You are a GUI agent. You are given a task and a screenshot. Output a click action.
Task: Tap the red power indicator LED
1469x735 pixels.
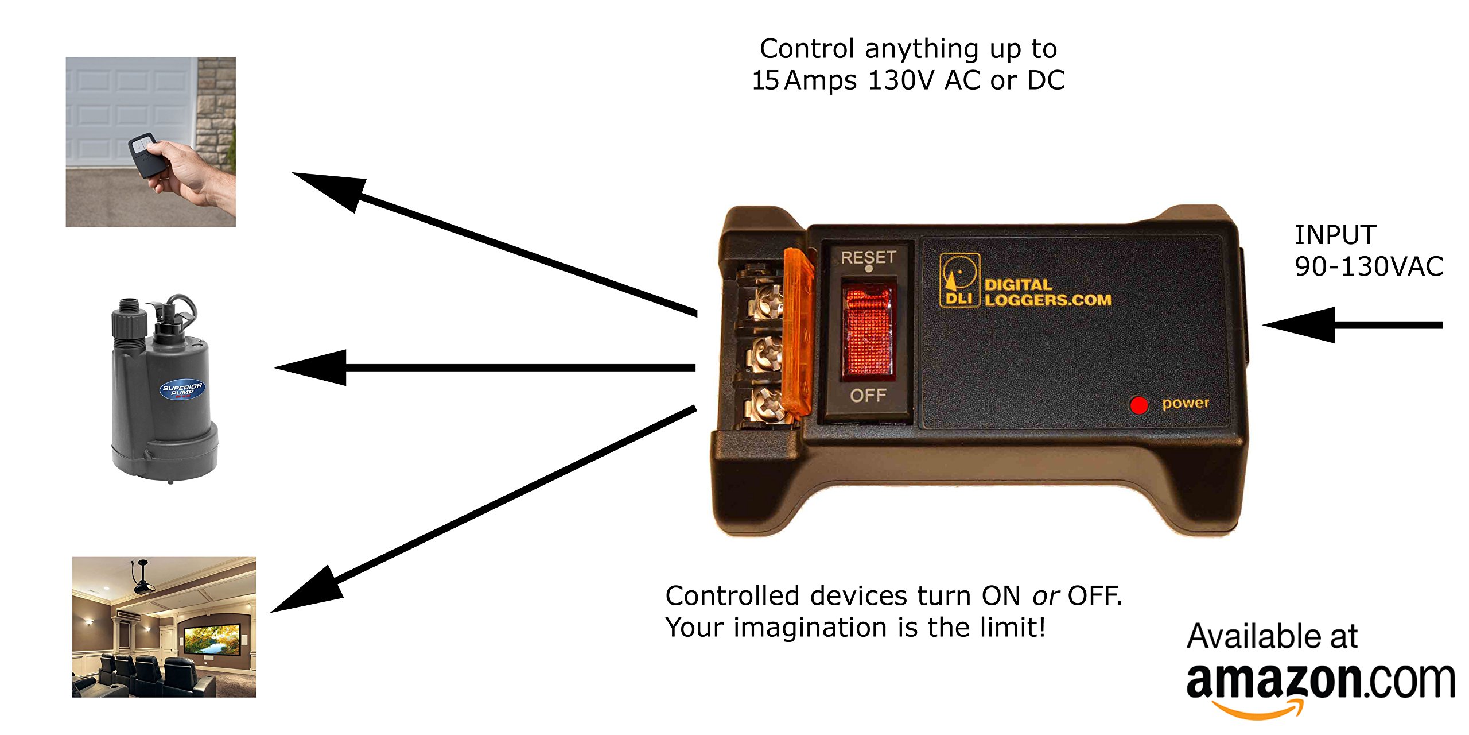click(1138, 405)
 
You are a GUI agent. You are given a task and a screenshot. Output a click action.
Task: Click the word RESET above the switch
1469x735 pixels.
click(868, 257)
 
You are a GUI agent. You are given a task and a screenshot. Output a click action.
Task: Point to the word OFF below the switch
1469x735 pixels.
click(868, 395)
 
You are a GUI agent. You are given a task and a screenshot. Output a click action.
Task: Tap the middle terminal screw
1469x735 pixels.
click(766, 353)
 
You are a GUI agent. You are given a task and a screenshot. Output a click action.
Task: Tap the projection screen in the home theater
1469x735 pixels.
click(212, 640)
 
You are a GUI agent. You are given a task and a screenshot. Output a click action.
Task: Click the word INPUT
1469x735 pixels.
click(1335, 235)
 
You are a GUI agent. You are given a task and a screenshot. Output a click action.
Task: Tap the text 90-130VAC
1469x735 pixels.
click(1369, 267)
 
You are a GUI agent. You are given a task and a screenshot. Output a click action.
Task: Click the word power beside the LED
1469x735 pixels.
click(1185, 404)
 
